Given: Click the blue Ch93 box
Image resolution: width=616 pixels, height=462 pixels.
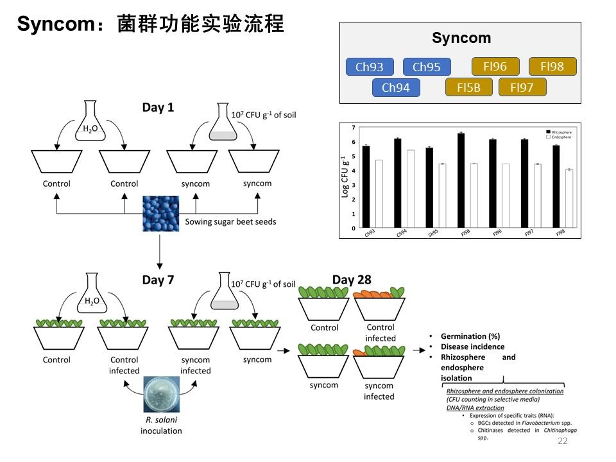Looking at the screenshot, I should (370, 67).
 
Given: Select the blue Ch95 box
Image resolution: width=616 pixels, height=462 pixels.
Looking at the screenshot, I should (427, 67).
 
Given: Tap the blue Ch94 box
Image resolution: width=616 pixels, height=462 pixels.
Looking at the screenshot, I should (396, 88).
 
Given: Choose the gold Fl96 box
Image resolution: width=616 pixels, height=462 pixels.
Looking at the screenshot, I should (495, 66).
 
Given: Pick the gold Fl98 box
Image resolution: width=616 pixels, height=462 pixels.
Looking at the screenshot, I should (552, 66).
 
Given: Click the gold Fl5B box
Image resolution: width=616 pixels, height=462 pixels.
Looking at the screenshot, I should (469, 87).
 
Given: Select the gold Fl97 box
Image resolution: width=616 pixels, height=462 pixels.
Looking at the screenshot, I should (522, 87).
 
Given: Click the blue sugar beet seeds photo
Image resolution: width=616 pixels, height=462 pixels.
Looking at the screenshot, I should (161, 214).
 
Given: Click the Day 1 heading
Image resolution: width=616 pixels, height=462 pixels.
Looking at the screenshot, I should (158, 108).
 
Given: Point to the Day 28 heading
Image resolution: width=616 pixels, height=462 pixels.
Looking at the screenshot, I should (352, 280).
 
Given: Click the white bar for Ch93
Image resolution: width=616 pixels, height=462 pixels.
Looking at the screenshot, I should (379, 194).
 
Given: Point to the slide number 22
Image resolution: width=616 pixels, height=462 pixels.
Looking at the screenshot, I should (562, 441).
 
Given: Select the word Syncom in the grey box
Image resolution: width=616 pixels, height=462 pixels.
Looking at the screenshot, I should (461, 38).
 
